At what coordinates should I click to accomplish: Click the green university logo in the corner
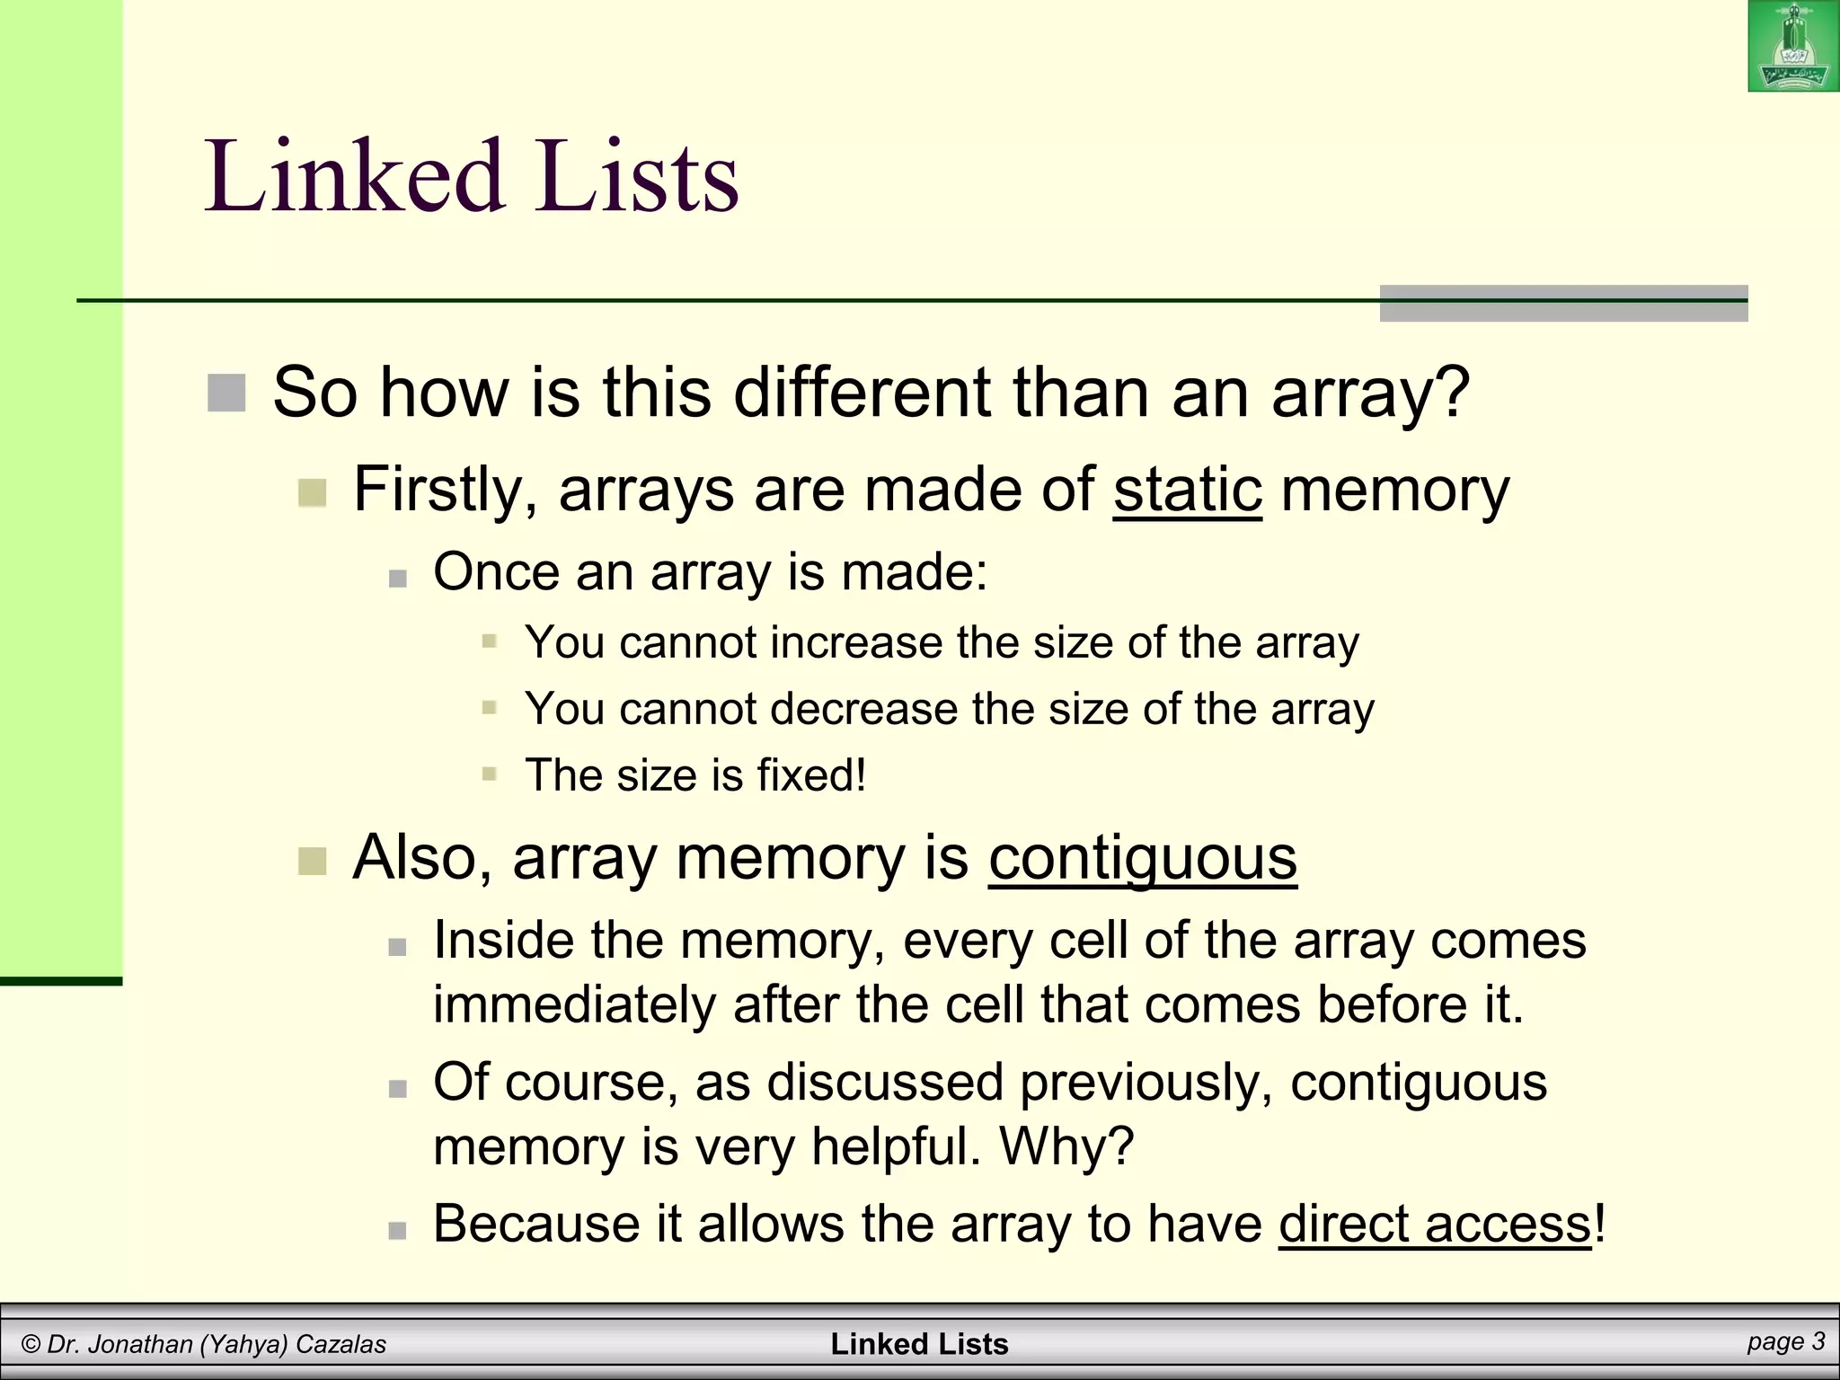pyautogui.click(x=1793, y=46)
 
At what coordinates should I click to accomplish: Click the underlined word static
pyautogui.click(x=1188, y=490)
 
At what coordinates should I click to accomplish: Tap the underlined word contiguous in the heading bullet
pyautogui.click(x=1143, y=858)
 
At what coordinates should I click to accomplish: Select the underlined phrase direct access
pyautogui.click(x=1435, y=1224)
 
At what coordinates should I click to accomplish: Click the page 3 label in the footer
pyautogui.click(x=1786, y=1341)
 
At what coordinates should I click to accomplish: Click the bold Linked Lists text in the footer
pyautogui.click(x=919, y=1344)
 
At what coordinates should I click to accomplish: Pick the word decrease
pyautogui.click(x=863, y=710)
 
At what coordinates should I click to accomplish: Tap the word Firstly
pyautogui.click(x=445, y=490)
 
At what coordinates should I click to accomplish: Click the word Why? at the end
pyautogui.click(x=1066, y=1146)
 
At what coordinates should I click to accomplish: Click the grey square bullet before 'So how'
pyautogui.click(x=226, y=394)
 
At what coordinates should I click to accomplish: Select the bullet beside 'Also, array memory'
pyautogui.click(x=312, y=861)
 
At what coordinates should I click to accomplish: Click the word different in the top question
pyautogui.click(x=862, y=393)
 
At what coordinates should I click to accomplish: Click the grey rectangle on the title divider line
pyautogui.click(x=1563, y=304)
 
